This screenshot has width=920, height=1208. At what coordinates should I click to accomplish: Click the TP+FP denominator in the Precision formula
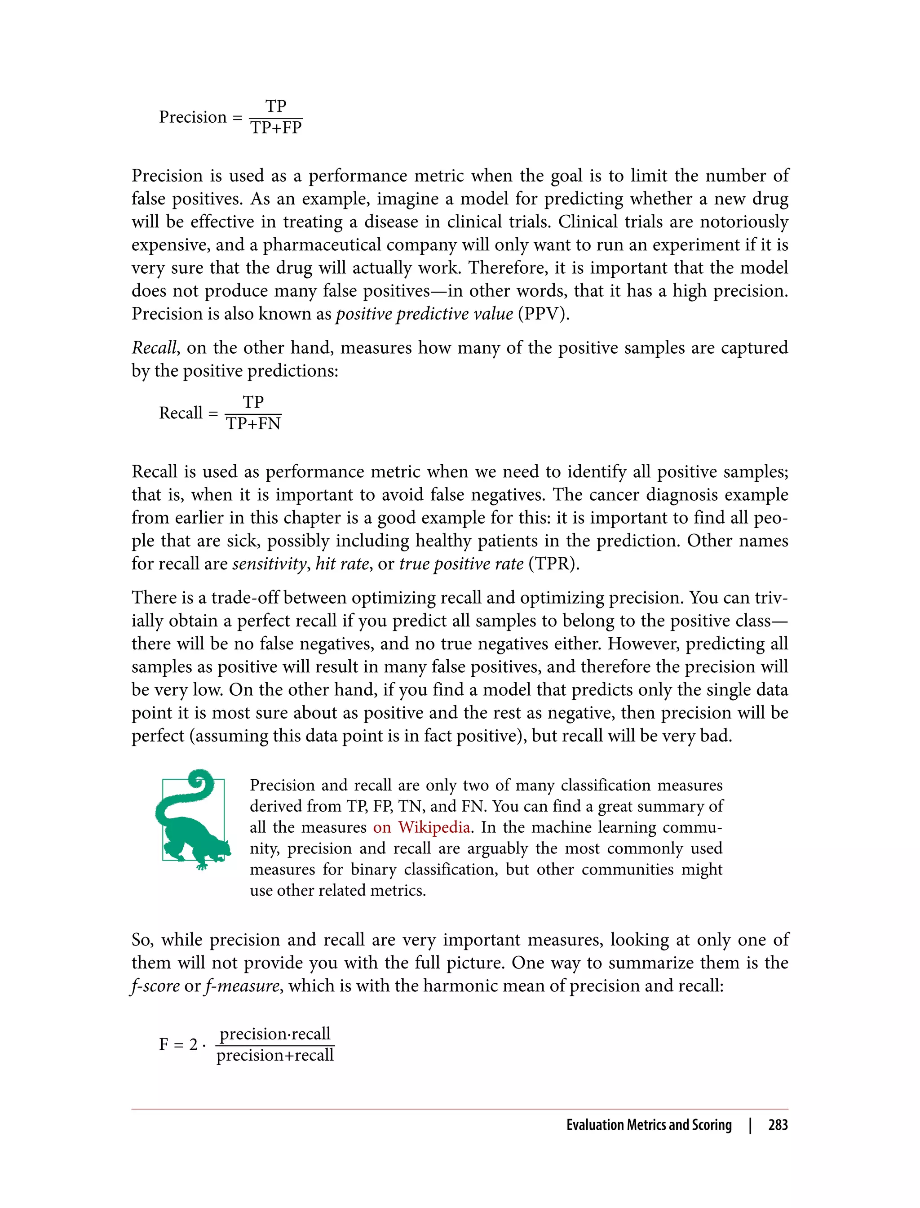pyautogui.click(x=276, y=128)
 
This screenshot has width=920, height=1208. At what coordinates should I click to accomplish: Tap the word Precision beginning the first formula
pyautogui.click(x=193, y=117)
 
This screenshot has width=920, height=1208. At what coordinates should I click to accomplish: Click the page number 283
pyautogui.click(x=778, y=1125)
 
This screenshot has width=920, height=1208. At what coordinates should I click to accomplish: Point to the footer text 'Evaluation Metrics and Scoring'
pyautogui.click(x=649, y=1125)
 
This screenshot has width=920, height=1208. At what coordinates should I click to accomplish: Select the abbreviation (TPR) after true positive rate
pyautogui.click(x=553, y=564)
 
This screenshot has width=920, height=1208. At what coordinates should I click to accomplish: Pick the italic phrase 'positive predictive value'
pyautogui.click(x=425, y=314)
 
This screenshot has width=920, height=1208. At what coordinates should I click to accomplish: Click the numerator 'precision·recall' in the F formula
pyautogui.click(x=275, y=1034)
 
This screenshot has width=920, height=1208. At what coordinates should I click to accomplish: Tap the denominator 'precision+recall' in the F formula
pyautogui.click(x=275, y=1055)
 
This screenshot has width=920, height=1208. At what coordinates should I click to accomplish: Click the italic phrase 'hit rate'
pyautogui.click(x=342, y=564)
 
